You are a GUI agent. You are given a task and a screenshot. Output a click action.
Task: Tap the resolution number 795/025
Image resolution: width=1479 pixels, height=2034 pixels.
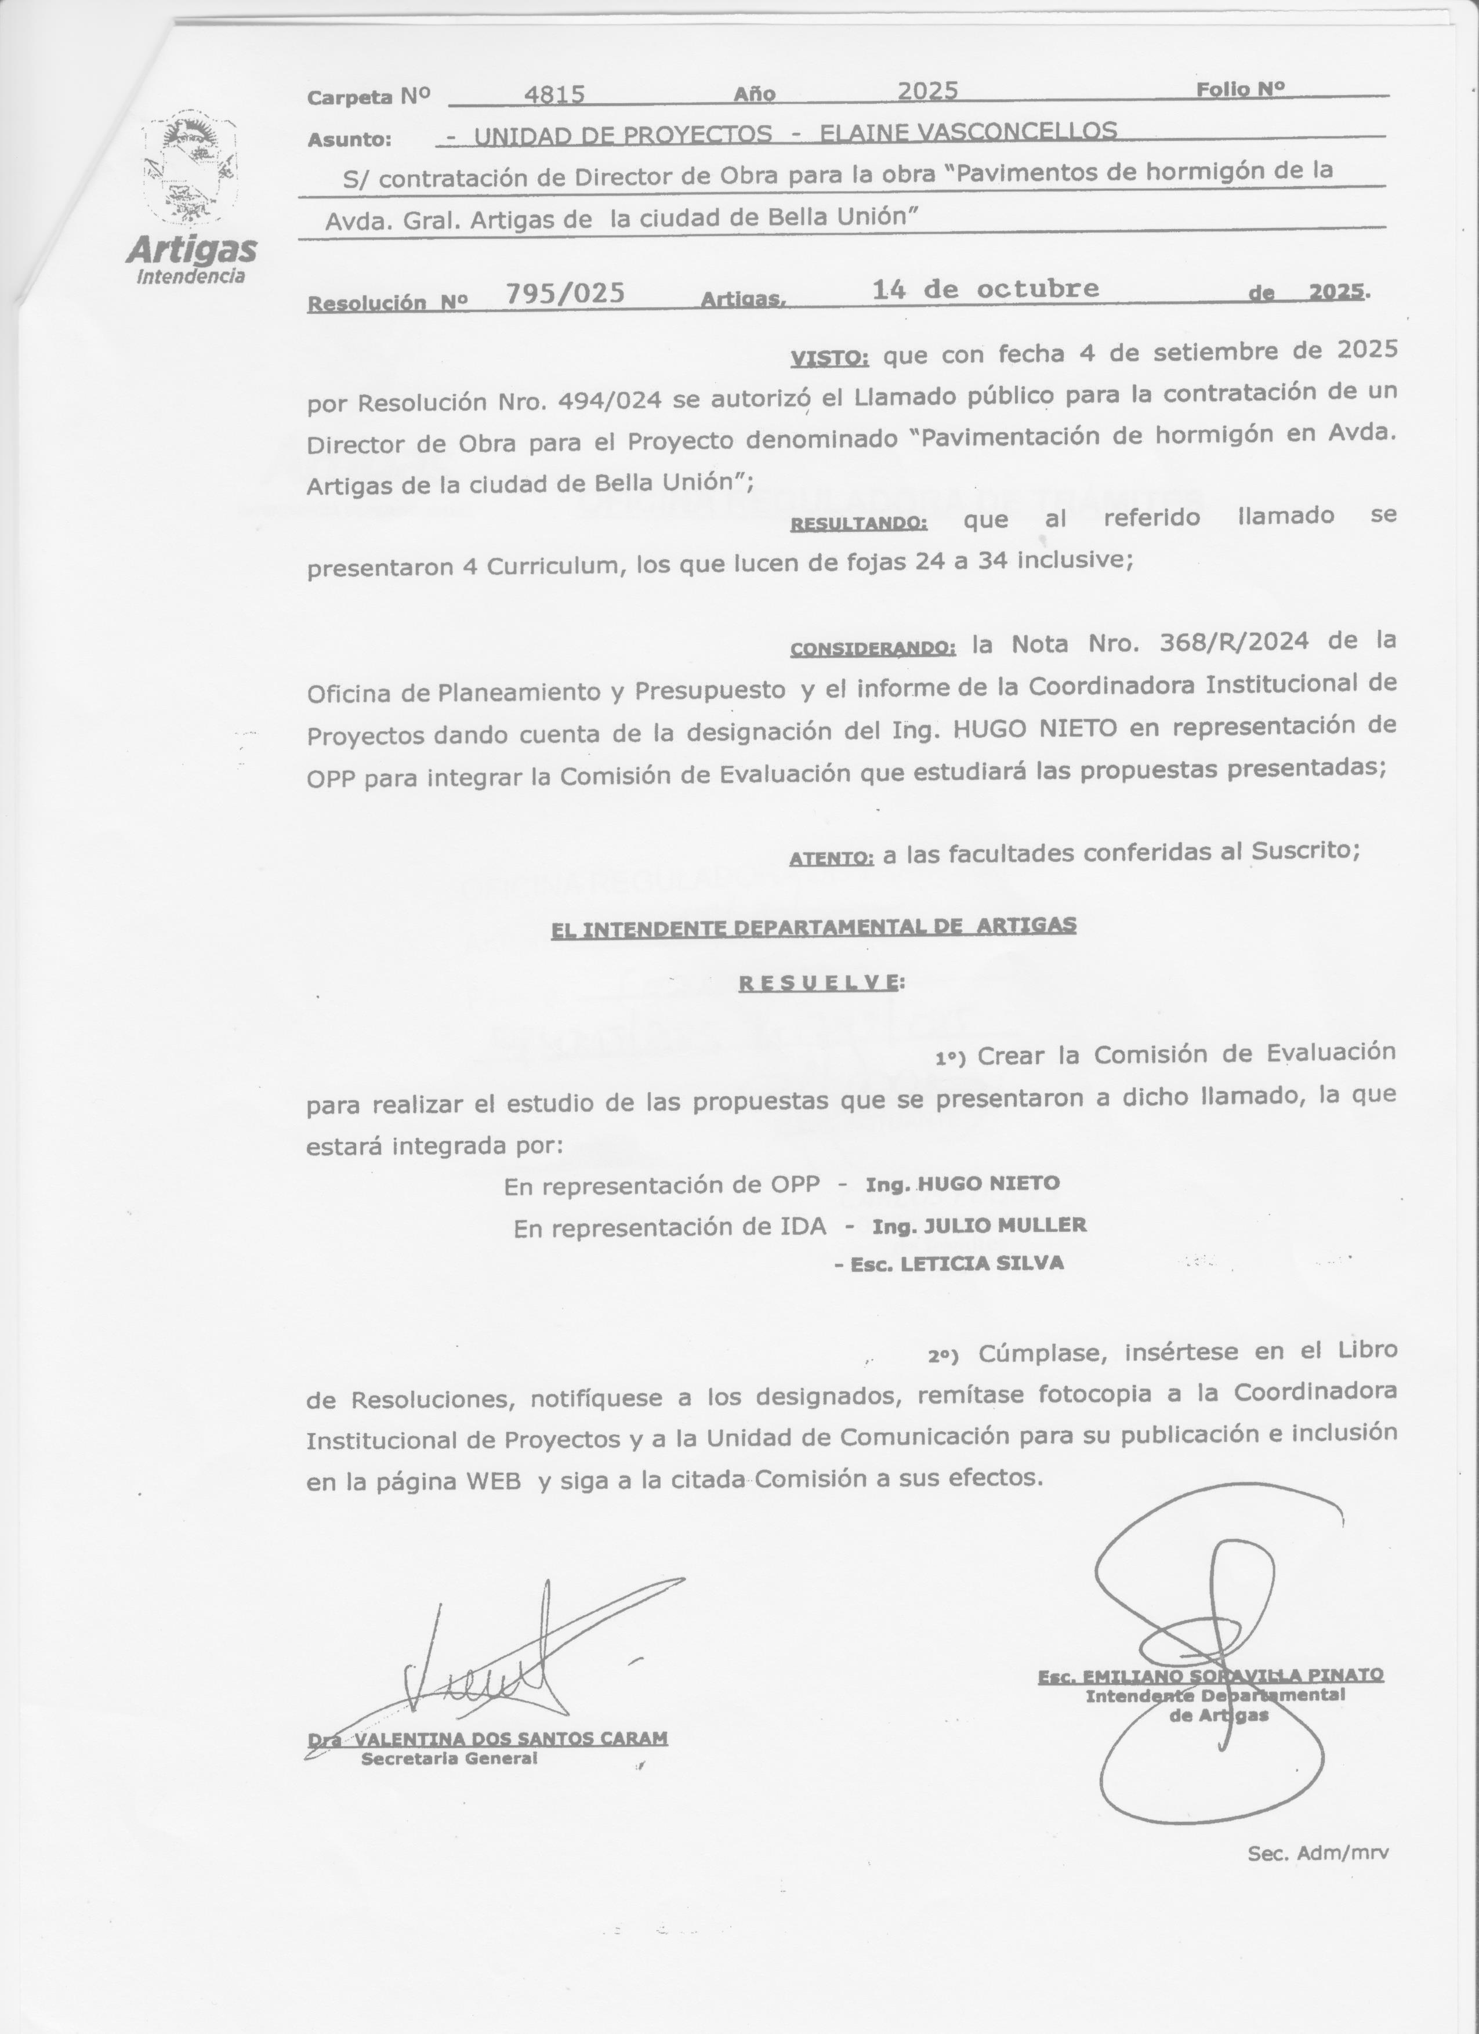coord(565,293)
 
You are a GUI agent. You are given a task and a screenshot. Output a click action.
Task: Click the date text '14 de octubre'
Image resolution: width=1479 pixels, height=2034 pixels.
coord(985,289)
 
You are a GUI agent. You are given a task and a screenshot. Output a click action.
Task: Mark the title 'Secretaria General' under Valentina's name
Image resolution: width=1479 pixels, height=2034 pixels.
coord(448,1759)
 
